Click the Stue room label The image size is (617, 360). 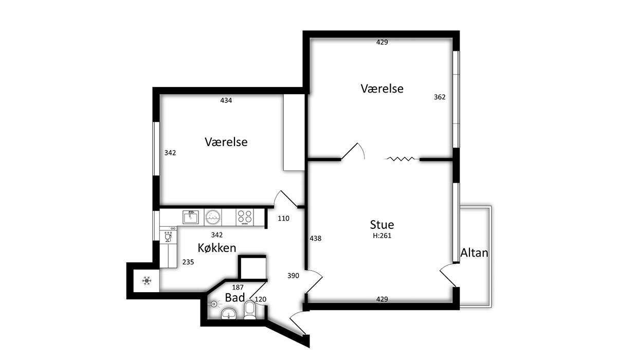(x=382, y=225)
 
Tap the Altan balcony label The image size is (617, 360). (x=474, y=253)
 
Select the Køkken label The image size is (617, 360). (x=217, y=248)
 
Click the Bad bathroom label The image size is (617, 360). (x=234, y=297)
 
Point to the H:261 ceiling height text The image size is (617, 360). (x=382, y=236)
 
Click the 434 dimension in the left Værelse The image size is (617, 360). (x=226, y=100)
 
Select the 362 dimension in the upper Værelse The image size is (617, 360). (x=440, y=97)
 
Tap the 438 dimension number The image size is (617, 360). (x=315, y=238)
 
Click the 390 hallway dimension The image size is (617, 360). (x=293, y=276)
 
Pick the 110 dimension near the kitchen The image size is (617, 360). (x=283, y=219)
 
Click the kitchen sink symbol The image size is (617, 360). (x=191, y=217)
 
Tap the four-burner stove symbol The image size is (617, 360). (x=245, y=217)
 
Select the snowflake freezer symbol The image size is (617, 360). (x=147, y=281)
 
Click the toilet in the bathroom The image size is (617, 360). (x=250, y=310)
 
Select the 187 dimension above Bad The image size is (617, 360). (x=238, y=287)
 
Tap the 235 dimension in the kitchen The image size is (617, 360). (x=188, y=262)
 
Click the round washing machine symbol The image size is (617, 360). (x=213, y=217)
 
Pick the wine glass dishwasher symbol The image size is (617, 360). (x=168, y=237)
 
